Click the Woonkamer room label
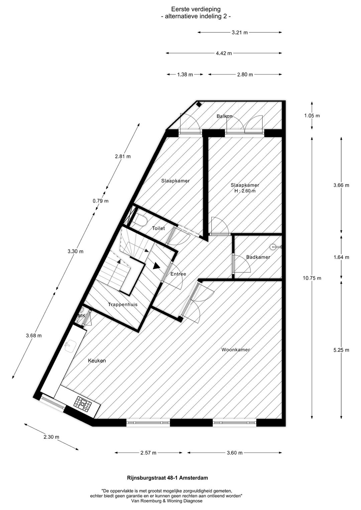236,350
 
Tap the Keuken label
97,361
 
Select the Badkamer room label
258,257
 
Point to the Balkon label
224,116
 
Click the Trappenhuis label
123,304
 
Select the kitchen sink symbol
71,345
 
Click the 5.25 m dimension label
341,350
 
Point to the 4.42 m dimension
224,53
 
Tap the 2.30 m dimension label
51,437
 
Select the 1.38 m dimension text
185,75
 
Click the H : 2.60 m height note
245,191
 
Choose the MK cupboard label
82,316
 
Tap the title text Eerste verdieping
196,9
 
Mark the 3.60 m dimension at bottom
234,453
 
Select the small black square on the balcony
199,104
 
